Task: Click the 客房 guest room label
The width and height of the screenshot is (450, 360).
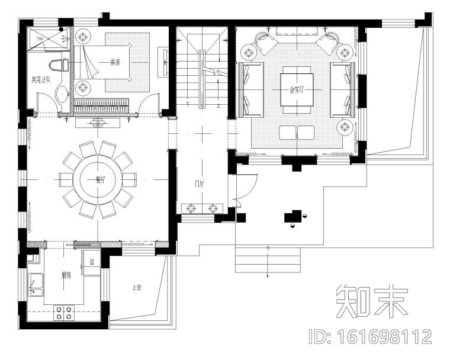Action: click(115, 62)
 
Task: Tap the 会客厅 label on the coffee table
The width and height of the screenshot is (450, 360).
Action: click(296, 90)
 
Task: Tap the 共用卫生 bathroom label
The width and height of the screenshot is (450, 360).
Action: click(40, 79)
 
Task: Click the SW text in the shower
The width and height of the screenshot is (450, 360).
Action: click(40, 38)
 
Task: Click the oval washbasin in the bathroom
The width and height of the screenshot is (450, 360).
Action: click(60, 94)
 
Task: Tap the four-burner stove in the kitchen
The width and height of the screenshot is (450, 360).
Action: click(63, 313)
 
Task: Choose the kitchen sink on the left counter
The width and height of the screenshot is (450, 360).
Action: click(36, 286)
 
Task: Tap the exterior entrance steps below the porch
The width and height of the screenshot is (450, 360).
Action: click(268, 261)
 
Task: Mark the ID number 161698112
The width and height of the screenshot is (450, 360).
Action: click(371, 337)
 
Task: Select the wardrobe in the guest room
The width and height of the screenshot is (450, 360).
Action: click(101, 106)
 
